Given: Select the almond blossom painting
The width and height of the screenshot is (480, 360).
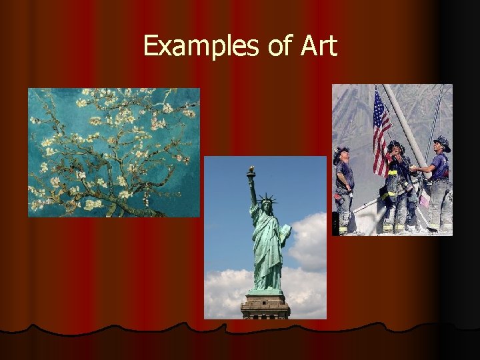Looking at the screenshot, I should (113, 152).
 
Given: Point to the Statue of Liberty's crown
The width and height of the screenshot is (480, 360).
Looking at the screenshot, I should (267, 198).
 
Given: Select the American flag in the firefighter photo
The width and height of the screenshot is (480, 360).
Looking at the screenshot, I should (381, 130).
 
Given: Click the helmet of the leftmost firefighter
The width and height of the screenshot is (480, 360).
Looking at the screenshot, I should (341, 151).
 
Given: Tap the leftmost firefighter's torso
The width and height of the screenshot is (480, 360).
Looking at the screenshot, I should (345, 177).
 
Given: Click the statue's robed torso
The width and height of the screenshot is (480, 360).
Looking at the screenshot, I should (267, 247).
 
